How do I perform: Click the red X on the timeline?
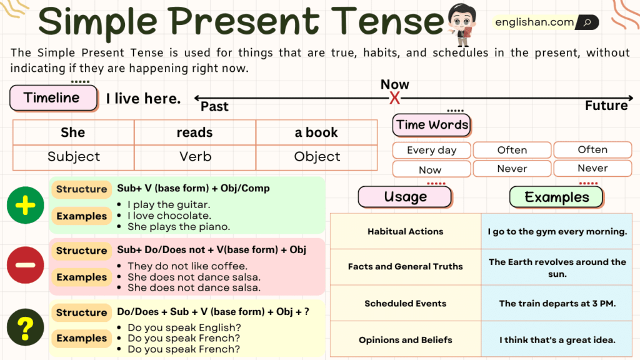(394, 98)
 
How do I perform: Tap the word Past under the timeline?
(214, 107)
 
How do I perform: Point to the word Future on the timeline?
(606, 106)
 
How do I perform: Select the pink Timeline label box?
(53, 98)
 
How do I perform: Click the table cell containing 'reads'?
(194, 132)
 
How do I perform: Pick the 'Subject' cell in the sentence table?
(73, 157)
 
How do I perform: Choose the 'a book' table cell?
(316, 132)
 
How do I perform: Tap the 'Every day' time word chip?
(431, 150)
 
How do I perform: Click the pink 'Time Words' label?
(432, 125)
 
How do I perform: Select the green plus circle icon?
(26, 204)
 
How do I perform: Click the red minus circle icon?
(26, 265)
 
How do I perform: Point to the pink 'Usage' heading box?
(405, 197)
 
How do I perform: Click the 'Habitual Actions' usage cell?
(405, 231)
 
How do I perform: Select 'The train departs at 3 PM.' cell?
(557, 304)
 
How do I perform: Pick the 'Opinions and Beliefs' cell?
(405, 340)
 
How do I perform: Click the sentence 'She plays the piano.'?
(179, 227)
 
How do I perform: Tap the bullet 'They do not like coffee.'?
(187, 266)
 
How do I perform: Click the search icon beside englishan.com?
(587, 22)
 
